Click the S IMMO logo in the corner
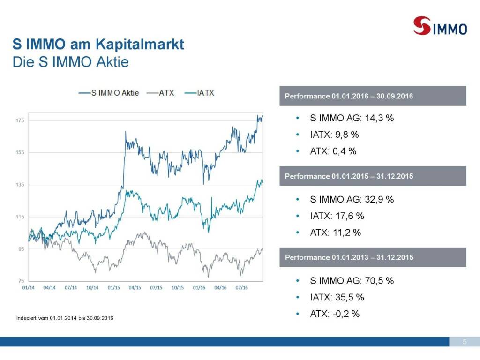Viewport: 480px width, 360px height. [x=440, y=26]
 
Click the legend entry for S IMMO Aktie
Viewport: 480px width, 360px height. [x=109, y=93]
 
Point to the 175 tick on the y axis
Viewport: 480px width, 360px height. [x=21, y=120]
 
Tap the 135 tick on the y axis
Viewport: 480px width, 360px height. [x=21, y=185]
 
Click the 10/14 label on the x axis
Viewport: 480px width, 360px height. [x=92, y=288]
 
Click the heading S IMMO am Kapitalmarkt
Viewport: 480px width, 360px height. [x=98, y=45]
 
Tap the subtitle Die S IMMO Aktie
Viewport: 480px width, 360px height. [x=70, y=62]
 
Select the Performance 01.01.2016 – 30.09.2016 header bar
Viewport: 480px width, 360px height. [x=373, y=96]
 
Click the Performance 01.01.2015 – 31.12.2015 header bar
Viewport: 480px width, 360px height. [x=373, y=176]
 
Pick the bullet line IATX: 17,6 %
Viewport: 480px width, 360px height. [x=337, y=216]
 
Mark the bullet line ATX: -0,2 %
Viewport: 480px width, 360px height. [x=335, y=314]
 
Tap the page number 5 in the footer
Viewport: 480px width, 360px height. [x=464, y=341]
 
